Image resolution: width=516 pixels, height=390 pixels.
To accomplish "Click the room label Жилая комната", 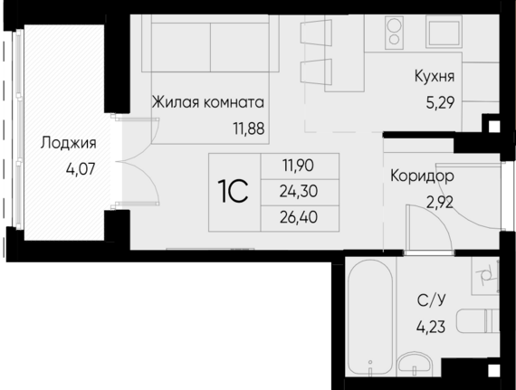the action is pos(207,102).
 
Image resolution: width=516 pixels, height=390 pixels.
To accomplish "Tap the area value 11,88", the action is pos(249,128).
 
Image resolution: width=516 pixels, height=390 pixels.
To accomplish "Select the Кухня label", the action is pos(435,76).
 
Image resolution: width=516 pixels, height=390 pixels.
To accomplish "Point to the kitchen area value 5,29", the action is pos(440,103).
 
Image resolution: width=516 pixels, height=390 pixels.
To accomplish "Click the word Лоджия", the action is pos(69,143).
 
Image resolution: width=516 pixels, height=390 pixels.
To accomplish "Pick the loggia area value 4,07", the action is pos(81,169).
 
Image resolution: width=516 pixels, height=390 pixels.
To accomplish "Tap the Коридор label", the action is pos(422,176).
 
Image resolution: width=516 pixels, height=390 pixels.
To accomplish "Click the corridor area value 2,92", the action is pos(440,202).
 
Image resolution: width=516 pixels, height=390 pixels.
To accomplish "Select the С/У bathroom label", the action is pos(432,300).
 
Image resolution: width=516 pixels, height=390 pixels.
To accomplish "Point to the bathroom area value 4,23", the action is pos(431,328).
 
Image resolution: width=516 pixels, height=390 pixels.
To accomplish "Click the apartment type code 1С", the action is pos(233,193).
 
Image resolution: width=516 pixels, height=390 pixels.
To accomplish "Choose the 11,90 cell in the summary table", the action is pos(299,166).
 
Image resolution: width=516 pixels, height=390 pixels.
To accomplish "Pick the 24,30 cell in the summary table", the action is pos(299,192).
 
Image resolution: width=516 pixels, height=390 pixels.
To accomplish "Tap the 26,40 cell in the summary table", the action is pos(299,217).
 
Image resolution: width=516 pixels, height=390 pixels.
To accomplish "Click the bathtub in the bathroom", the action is pos(370,318).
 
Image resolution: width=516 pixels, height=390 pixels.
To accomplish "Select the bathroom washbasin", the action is pos(415,365).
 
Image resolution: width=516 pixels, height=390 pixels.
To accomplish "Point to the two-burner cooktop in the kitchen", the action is pos(394,33).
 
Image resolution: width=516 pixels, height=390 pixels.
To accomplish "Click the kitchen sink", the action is pos(443,32).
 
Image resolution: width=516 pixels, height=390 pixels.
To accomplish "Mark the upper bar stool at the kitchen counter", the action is pos(316,33).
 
